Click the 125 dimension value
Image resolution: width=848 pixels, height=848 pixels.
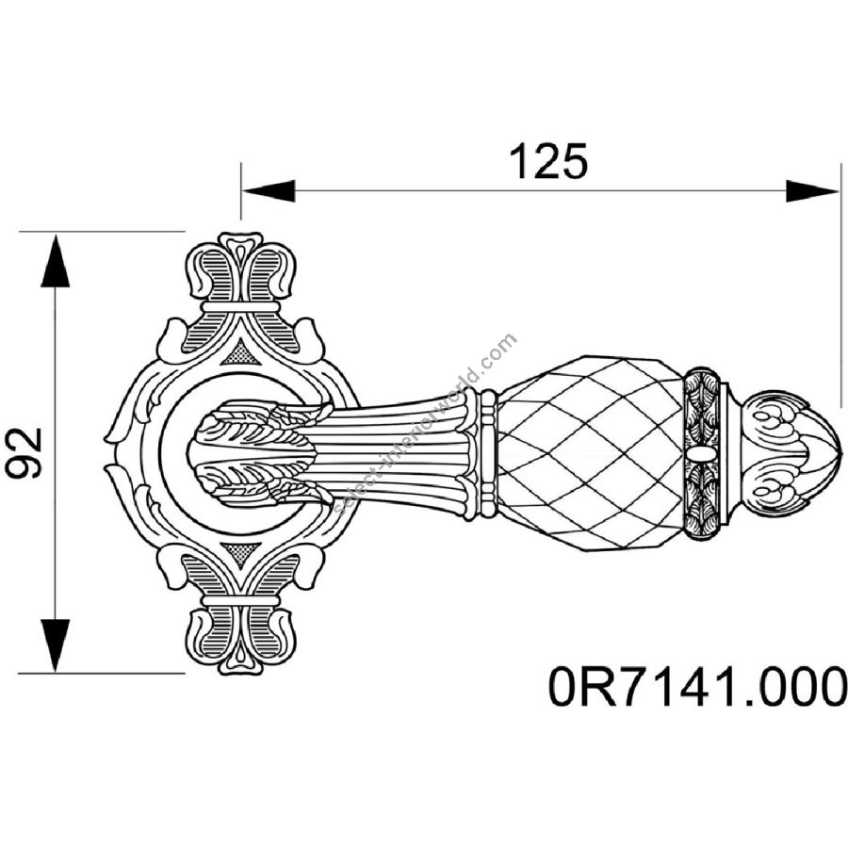[548, 161]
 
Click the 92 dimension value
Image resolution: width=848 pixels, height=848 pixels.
[24, 452]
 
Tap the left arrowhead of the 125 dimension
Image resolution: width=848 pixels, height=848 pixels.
[269, 190]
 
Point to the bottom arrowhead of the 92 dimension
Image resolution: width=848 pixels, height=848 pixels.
[56, 645]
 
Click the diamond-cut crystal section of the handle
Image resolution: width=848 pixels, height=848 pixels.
[590, 452]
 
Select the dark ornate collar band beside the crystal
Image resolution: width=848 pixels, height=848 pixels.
[702, 453]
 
